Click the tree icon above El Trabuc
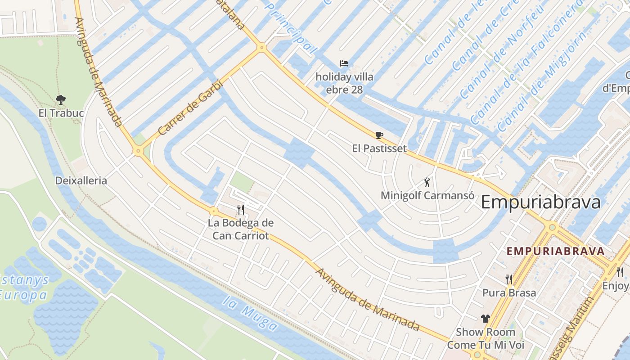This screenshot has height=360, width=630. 61,99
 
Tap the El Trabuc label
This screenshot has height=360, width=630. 61,113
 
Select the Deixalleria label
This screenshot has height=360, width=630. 81,181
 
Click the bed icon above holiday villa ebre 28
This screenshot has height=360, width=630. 344,63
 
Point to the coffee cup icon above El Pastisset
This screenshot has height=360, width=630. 379,135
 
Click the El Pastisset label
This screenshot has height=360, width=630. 379,148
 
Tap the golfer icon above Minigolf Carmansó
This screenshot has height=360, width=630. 427,182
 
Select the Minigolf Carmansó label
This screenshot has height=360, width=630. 427,196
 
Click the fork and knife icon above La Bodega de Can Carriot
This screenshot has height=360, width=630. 241,209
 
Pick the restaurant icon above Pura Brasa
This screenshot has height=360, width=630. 509,279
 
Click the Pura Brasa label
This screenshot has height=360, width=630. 509,293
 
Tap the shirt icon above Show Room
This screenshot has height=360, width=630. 485,319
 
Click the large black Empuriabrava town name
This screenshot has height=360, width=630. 540,202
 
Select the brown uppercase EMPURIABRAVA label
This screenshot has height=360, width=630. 556,251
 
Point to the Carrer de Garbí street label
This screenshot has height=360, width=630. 191,110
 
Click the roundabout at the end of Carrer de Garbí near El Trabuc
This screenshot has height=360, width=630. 138,151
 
